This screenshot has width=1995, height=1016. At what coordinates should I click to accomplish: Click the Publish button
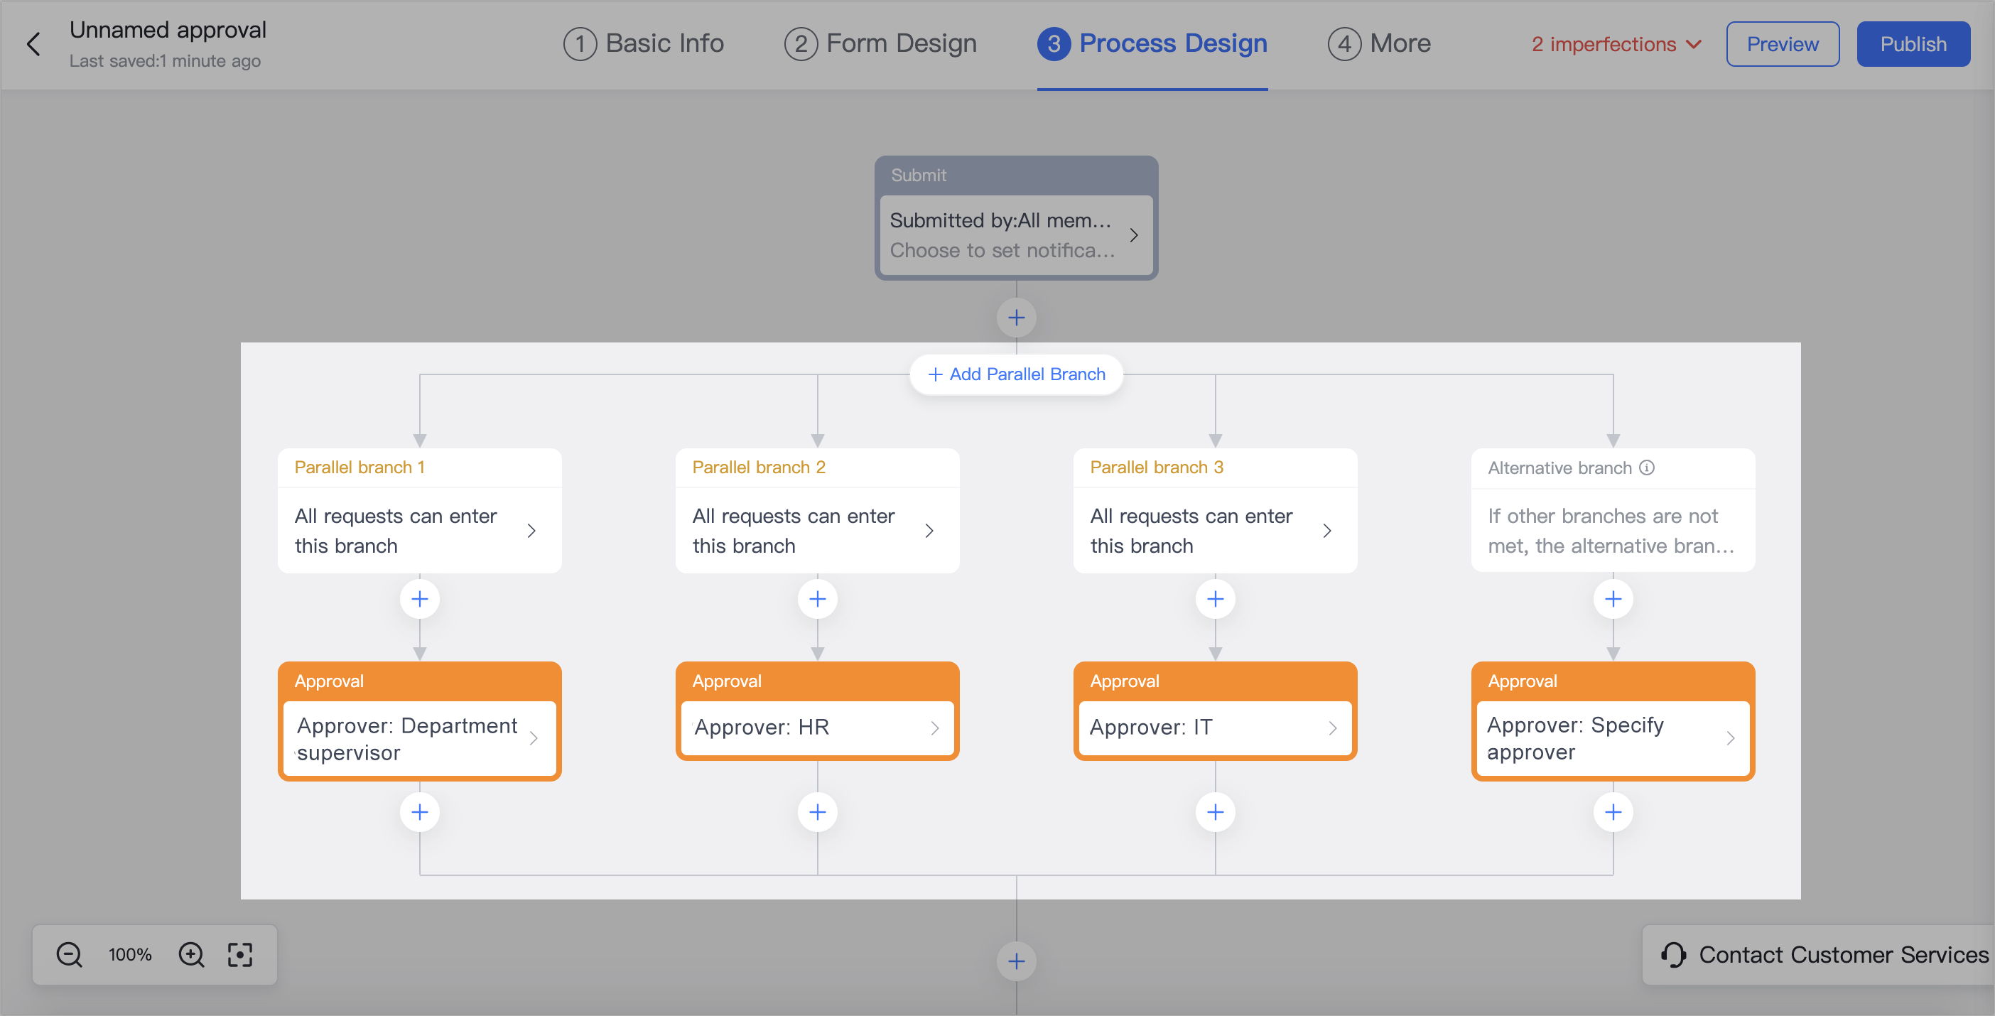point(1913,44)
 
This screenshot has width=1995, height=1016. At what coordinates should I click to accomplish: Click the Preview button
point(1782,44)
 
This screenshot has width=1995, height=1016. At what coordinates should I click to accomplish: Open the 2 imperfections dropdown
point(1616,44)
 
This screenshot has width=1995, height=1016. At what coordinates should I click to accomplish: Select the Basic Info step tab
point(644,43)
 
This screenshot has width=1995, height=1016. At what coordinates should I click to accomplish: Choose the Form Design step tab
point(880,43)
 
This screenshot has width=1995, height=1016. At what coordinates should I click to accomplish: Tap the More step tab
point(1379,43)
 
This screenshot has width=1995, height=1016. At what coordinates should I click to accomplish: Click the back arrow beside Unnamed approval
point(33,44)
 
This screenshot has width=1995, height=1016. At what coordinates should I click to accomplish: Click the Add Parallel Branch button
point(1017,374)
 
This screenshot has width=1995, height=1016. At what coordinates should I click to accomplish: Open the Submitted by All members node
point(1015,235)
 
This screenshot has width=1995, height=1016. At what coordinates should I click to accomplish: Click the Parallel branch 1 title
point(359,467)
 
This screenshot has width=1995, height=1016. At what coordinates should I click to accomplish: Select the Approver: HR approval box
point(817,727)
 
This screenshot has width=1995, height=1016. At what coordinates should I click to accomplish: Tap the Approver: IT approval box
point(1214,727)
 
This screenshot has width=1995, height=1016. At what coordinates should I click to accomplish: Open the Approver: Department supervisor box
point(419,739)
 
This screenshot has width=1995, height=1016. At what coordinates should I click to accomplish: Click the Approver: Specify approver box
point(1613,739)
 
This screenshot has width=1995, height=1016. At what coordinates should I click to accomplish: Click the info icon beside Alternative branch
point(1648,467)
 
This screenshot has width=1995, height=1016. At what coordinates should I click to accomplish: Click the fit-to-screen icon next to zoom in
point(240,955)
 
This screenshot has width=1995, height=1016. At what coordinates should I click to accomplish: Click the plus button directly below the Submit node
point(1016,318)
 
